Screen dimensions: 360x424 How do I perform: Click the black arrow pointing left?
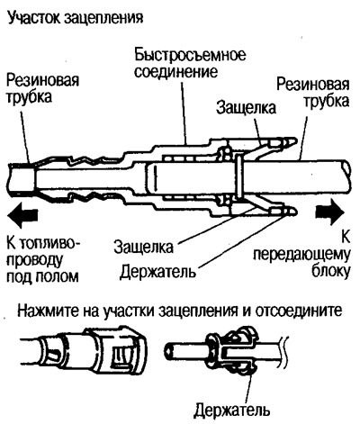pos(22,214)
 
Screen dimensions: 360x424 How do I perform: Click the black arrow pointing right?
pos(330,212)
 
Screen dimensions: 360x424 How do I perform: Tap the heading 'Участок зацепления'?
pos(75,18)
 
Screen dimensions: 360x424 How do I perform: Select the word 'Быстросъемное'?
pos(190,55)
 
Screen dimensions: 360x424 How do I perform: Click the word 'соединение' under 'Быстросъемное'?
pos(175,72)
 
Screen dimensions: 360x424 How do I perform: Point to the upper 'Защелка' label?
pos(246,107)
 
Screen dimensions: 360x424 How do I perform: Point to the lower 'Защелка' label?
pos(143,247)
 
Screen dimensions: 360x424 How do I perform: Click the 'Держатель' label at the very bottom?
pos(231,410)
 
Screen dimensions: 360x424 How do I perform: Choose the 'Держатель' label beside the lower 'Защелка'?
pos(157,272)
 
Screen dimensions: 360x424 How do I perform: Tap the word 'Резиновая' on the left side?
pos(42,80)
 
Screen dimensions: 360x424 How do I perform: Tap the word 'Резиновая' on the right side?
pos(313,85)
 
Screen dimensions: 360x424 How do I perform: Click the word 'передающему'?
pos(301,256)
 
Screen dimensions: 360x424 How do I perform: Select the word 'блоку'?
pos(331,272)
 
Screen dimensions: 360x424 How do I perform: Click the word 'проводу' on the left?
pos(34,259)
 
